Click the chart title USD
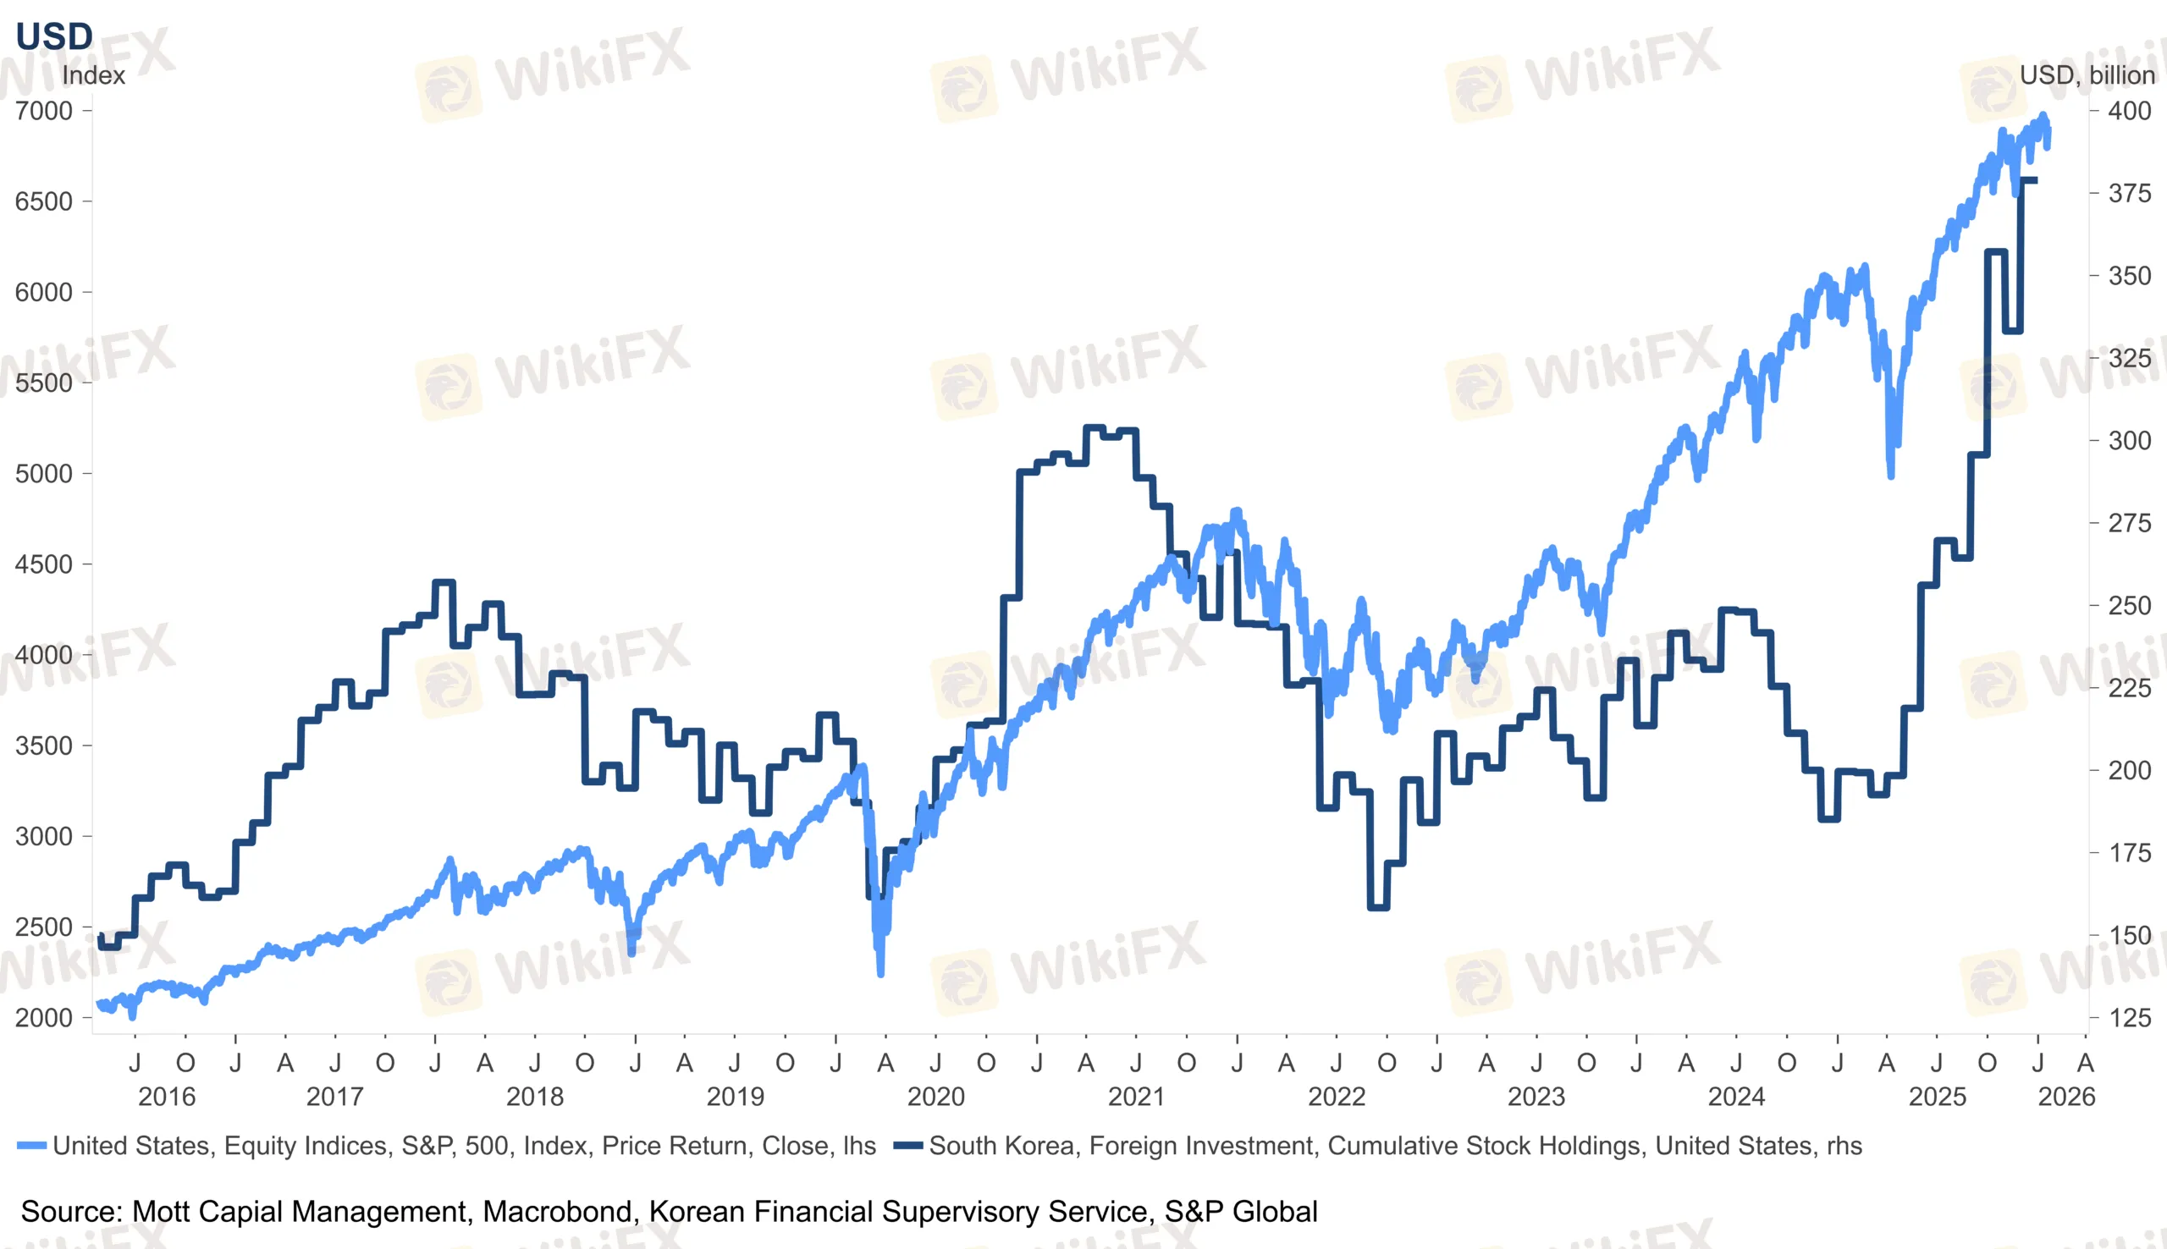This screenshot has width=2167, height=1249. coord(54,36)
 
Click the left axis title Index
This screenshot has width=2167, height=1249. coord(93,75)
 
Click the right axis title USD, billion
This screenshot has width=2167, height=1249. coord(2087,75)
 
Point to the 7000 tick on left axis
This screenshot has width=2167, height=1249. coord(44,111)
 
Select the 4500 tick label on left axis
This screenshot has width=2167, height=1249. coord(44,564)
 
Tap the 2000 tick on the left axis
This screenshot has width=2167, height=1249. coord(44,1017)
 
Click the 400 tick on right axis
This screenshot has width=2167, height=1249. coord(2129,111)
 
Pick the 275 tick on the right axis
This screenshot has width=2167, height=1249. coord(2129,523)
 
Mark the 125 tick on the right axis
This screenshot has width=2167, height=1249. coord(2129,1017)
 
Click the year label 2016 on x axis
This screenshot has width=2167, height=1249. coord(167,1097)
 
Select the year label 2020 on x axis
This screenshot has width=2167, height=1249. coord(936,1097)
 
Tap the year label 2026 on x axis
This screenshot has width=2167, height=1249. coord(2065,1097)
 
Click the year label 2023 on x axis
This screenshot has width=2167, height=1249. coord(1536,1097)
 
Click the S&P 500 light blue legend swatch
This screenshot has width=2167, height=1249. coord(31,1146)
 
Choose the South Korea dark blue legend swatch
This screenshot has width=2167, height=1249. coord(908,1146)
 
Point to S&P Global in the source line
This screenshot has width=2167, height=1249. coord(1240,1211)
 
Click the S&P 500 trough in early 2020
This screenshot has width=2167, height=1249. coord(880,972)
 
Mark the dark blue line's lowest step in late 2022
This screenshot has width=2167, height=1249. coord(1378,907)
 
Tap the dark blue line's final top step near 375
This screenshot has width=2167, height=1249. coord(2029,180)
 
